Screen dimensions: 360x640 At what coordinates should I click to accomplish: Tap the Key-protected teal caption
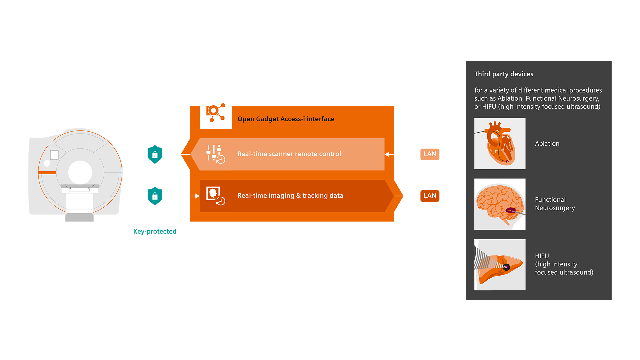coord(155,231)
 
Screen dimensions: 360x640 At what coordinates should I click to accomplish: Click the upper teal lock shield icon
coord(155,154)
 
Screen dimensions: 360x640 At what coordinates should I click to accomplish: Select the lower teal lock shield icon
coord(155,196)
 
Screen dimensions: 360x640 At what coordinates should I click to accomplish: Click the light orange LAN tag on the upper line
coord(430,154)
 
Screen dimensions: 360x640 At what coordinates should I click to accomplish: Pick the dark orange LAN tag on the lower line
coord(430,196)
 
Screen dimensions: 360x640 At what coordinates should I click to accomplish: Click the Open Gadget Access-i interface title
coord(286,119)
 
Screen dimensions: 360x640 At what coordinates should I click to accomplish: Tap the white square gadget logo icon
coord(216,113)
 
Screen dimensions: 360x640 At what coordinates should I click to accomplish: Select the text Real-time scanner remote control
coord(289,154)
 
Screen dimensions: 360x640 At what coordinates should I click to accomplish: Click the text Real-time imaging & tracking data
coord(290,196)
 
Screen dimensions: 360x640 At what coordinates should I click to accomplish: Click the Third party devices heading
coord(503,74)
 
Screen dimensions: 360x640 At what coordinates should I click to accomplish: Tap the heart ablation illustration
coord(500,144)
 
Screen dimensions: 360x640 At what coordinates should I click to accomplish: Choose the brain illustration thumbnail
coord(500,204)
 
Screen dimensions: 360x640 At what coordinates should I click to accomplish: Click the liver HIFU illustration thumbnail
coord(500,265)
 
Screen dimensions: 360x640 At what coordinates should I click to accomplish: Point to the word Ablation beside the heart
coord(547,144)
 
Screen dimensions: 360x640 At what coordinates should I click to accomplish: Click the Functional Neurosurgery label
coord(555,204)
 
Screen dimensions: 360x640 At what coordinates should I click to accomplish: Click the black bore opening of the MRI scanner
coord(80,172)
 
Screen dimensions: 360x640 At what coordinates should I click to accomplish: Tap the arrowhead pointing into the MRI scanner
coord(122,154)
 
